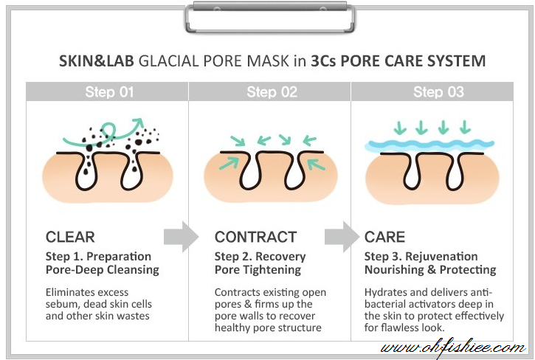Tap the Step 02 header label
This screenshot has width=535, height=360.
[272, 92]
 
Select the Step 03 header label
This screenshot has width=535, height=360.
[438, 92]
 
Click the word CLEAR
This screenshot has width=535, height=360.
[70, 237]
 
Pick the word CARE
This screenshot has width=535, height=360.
[384, 237]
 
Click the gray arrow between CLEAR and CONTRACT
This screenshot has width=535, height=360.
[181, 237]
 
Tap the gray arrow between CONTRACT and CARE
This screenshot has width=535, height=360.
[342, 237]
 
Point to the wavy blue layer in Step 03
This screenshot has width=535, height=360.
[432, 145]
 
